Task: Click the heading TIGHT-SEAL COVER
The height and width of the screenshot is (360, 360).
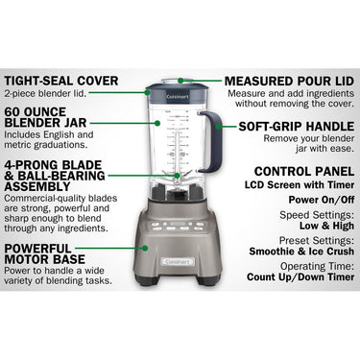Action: (x=61, y=81)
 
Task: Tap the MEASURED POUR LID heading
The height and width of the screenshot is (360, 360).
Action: (x=289, y=81)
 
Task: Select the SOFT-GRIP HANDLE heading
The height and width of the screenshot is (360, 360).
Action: (x=297, y=127)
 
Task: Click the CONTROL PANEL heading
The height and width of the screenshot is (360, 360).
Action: (x=304, y=172)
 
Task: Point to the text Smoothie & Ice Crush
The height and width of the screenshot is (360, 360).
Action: (x=301, y=252)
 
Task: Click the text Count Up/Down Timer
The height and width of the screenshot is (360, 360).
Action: (x=300, y=276)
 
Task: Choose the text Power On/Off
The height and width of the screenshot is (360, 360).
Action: (x=322, y=200)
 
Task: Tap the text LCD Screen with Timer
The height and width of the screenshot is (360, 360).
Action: (x=300, y=185)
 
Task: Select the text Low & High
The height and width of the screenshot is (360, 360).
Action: (x=326, y=226)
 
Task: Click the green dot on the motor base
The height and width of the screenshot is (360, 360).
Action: (x=145, y=248)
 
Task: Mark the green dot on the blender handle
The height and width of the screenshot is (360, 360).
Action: (x=219, y=127)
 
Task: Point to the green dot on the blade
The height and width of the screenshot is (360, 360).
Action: (x=177, y=176)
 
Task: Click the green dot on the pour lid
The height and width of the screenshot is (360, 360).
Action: (x=180, y=81)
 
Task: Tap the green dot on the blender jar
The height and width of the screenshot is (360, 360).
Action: (x=157, y=123)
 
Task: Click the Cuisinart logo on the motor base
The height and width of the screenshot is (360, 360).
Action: (x=178, y=262)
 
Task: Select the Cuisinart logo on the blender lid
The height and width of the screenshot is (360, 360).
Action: (x=178, y=97)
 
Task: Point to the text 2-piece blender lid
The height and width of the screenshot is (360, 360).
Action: (x=45, y=94)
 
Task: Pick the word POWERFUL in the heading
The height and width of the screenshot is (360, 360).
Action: (x=37, y=249)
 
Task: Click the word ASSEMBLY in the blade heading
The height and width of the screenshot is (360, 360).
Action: (x=37, y=186)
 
